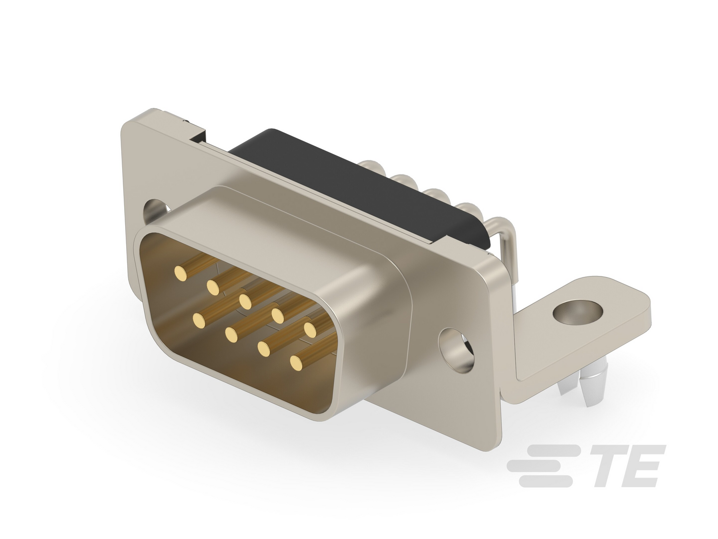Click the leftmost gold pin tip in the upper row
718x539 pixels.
180,273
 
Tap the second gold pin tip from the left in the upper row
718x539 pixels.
213,287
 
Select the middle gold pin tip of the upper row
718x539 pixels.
245,301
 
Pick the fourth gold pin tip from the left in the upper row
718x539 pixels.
278,316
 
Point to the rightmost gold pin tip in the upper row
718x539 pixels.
311,330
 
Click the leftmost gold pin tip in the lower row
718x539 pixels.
199,320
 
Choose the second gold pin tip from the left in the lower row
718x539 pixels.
231,334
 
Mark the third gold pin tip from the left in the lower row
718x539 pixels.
264,349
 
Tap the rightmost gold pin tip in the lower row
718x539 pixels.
296,363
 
